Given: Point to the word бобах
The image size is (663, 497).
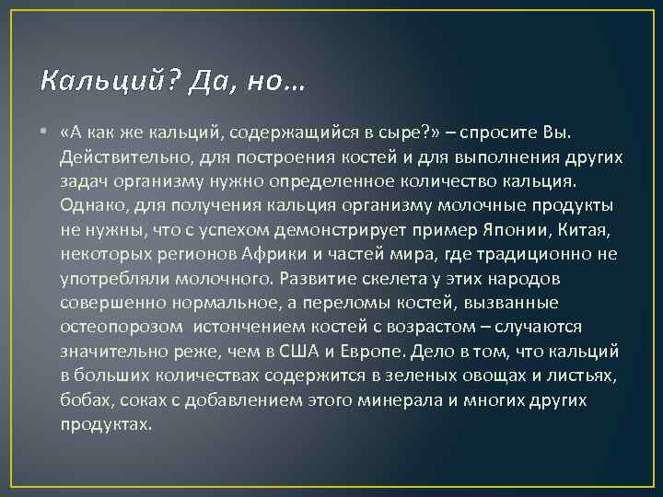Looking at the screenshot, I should click(86, 399).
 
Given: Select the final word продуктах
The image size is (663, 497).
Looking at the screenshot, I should click(106, 423).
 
